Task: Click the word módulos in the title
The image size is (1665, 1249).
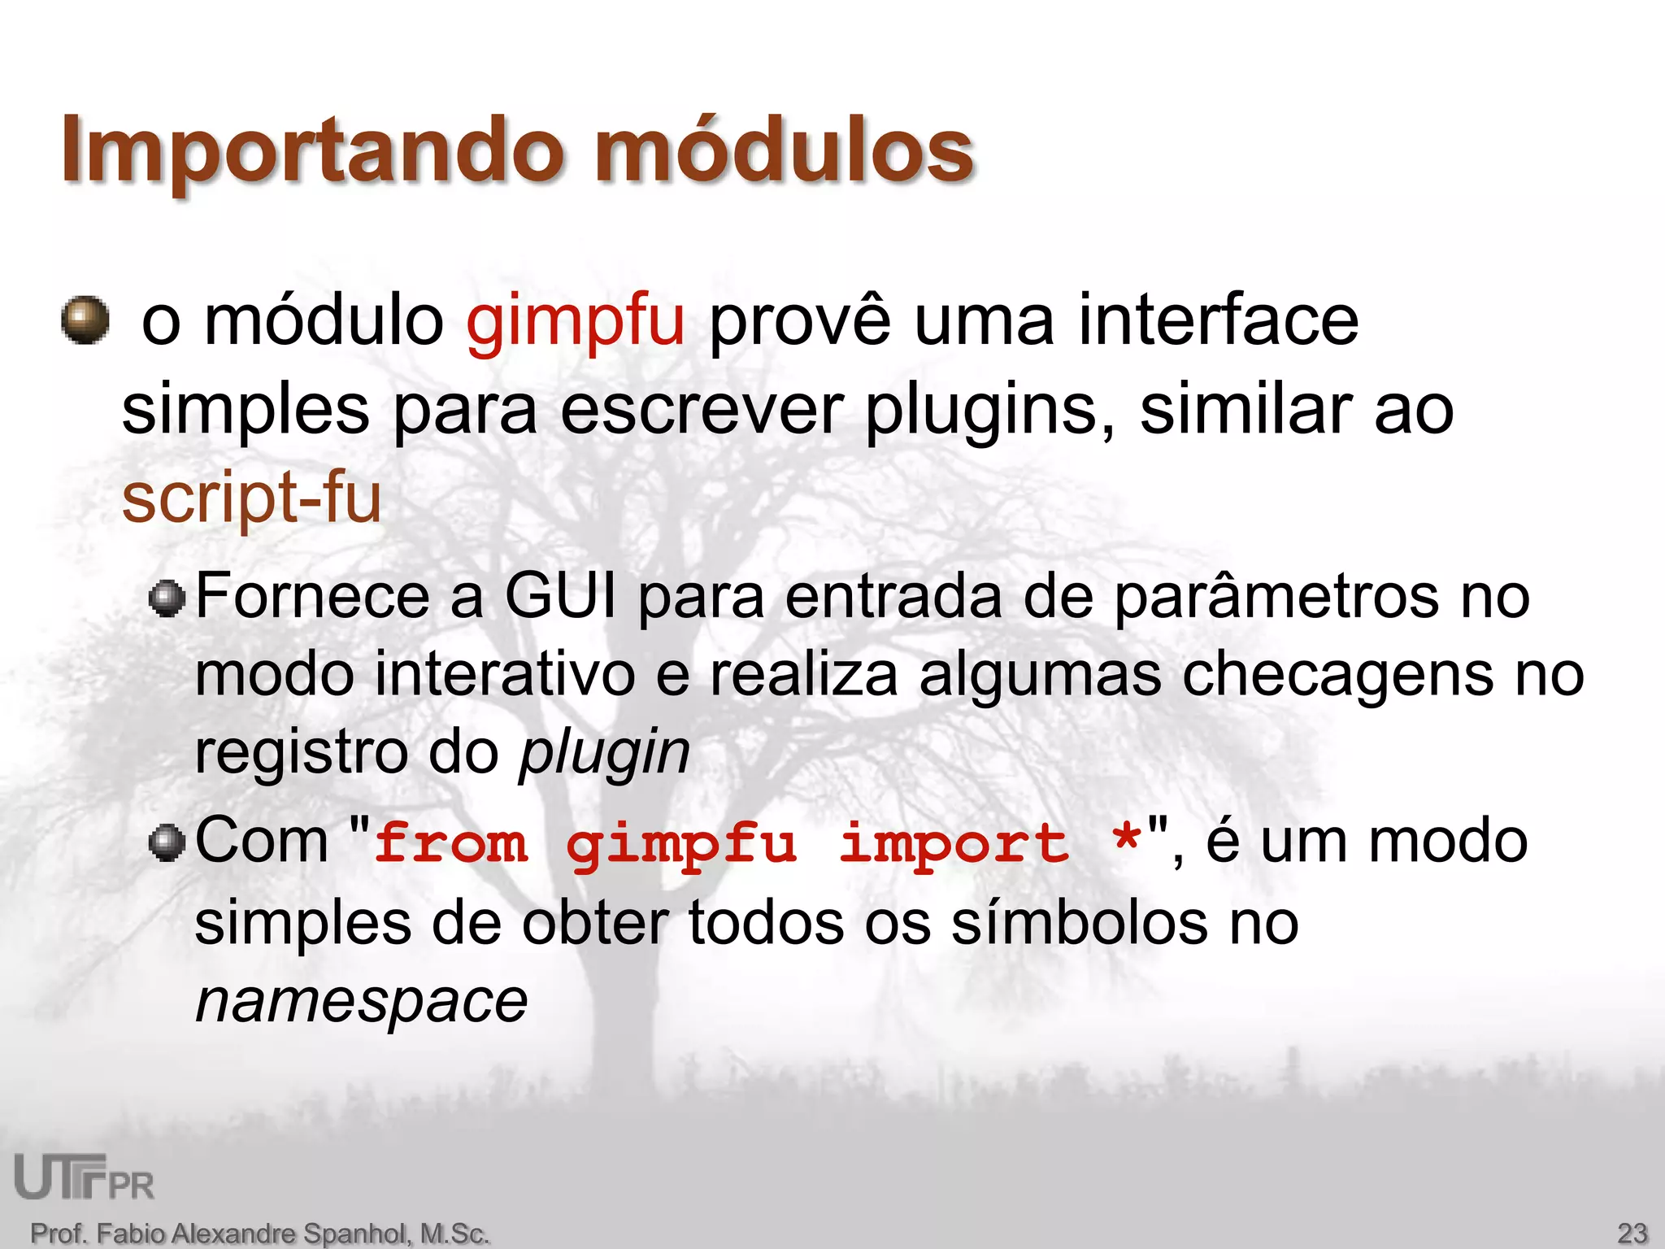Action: click(x=784, y=150)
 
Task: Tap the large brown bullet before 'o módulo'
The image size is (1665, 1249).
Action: click(x=85, y=320)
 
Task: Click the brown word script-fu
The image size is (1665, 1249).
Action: click(x=251, y=498)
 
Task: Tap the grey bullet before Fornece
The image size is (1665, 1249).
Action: click(x=168, y=599)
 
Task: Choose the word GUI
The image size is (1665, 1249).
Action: click(x=560, y=596)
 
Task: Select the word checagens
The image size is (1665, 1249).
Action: click(x=1337, y=675)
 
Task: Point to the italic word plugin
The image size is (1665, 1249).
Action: click(x=605, y=752)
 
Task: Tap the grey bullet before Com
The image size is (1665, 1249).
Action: click(x=168, y=842)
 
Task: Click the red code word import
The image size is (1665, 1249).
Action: click(x=953, y=843)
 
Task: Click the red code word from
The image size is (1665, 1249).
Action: click(x=451, y=843)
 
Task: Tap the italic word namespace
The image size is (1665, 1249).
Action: click(x=362, y=1002)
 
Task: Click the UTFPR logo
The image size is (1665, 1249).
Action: click(x=85, y=1177)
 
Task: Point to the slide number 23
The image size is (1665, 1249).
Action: click(x=1632, y=1233)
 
